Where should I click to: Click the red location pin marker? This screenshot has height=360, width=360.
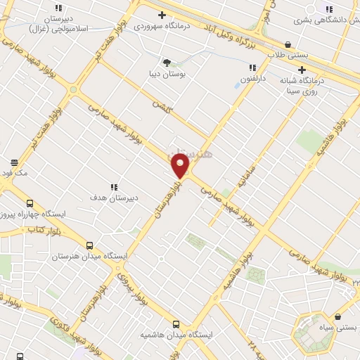pyautogui.click(x=180, y=165)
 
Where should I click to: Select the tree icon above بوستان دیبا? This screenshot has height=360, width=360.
pyautogui.click(x=167, y=62)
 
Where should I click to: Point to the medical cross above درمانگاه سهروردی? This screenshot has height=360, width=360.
pyautogui.click(x=162, y=15)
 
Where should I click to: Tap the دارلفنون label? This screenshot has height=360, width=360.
pyautogui.click(x=251, y=79)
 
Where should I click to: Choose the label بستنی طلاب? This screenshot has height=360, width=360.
pyautogui.click(x=288, y=55)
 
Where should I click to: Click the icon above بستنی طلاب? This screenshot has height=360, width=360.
pyautogui.click(x=288, y=44)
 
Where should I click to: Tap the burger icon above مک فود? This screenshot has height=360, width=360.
pyautogui.click(x=14, y=162)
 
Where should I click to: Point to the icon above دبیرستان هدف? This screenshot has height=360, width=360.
pyautogui.click(x=113, y=187)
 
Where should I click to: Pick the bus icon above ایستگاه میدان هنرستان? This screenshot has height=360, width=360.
pyautogui.click(x=89, y=245)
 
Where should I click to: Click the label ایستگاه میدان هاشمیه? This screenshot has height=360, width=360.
pyautogui.click(x=176, y=335)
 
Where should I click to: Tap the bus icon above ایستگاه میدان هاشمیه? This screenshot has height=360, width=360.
pyautogui.click(x=176, y=324)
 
